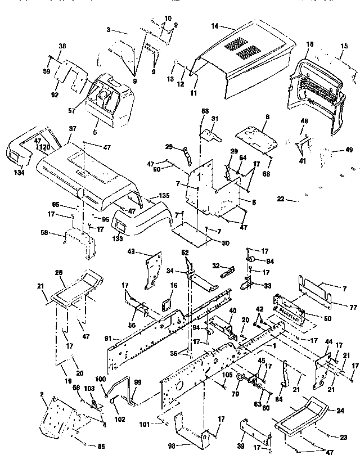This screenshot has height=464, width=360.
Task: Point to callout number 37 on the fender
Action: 72,128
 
